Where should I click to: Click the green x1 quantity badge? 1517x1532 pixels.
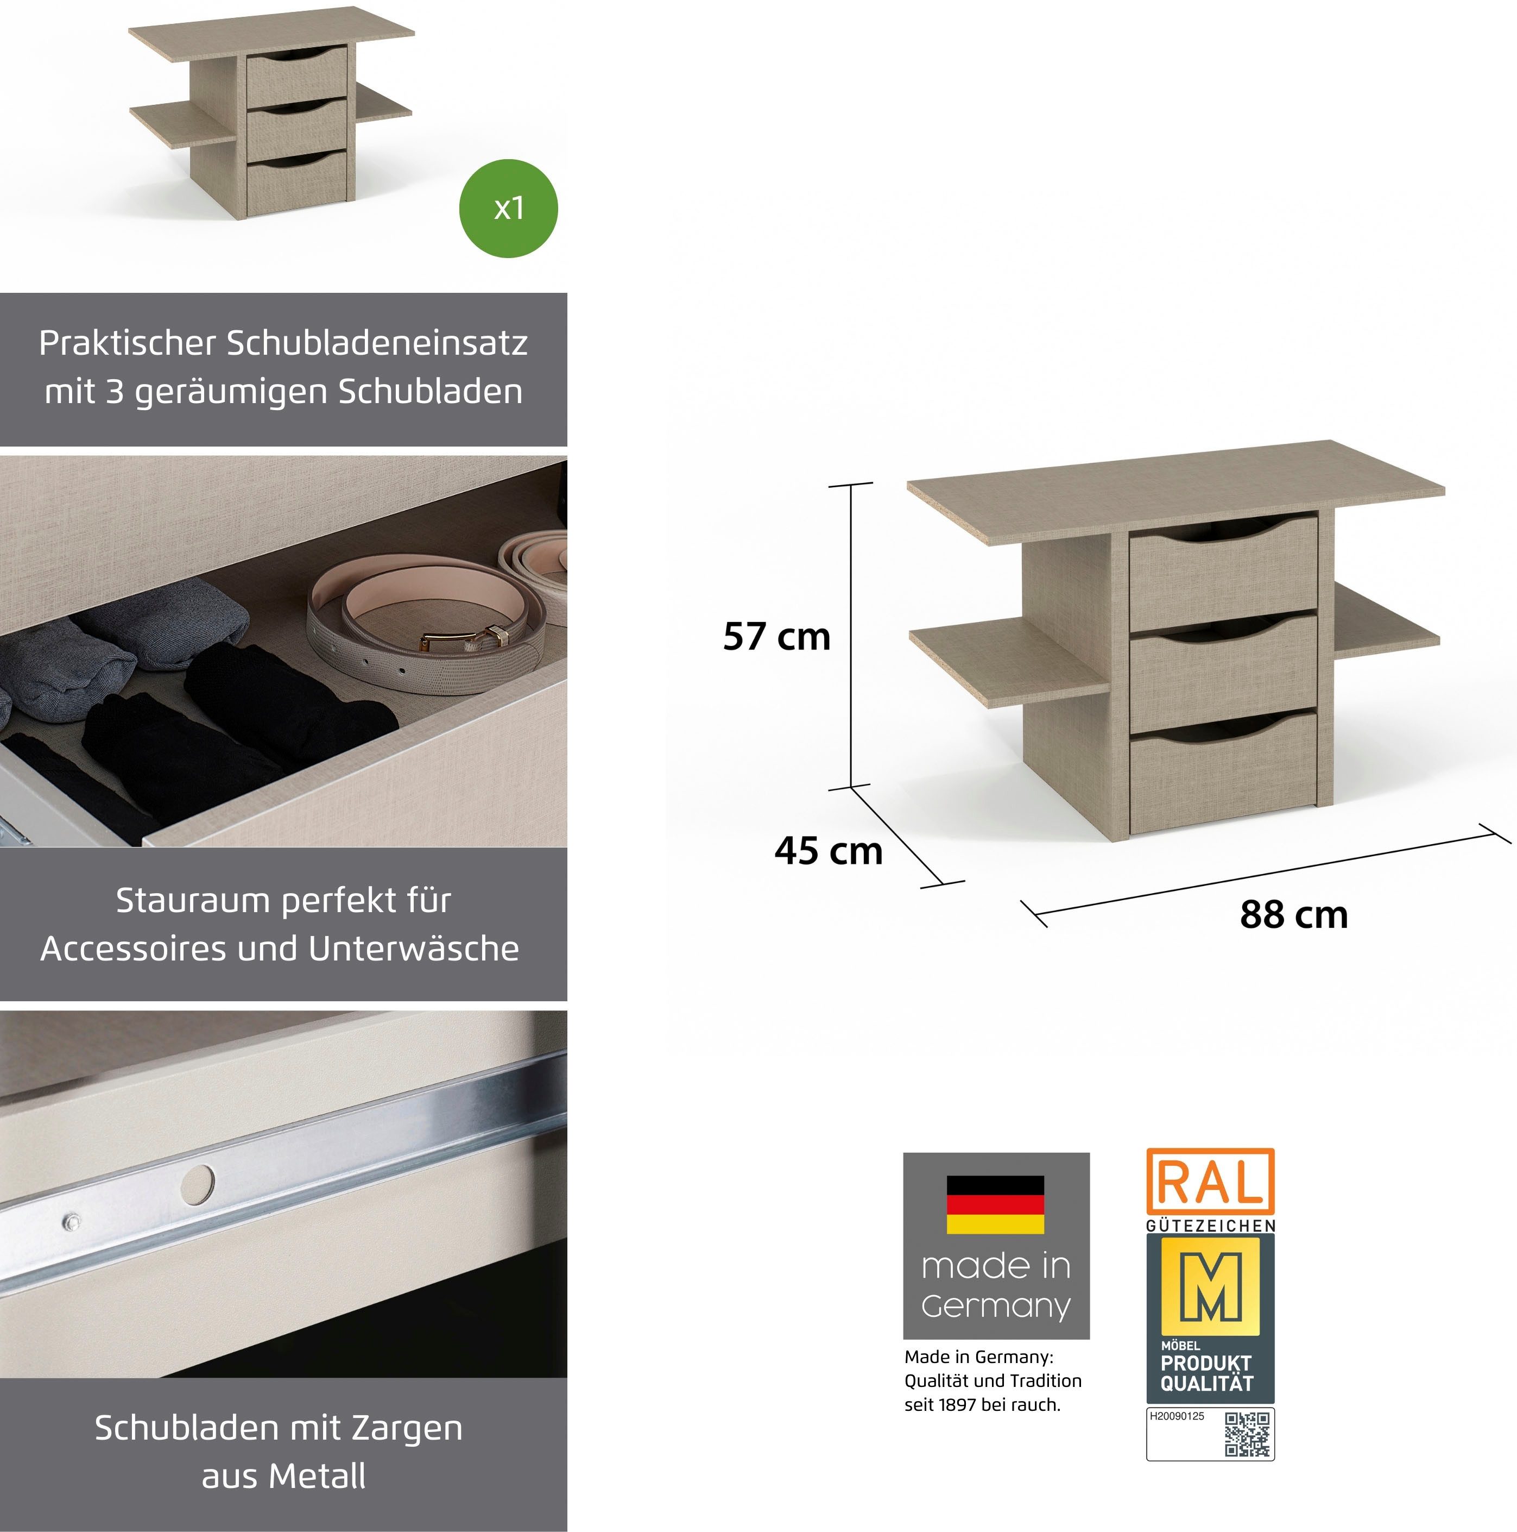(508, 209)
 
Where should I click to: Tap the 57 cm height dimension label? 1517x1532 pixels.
(777, 637)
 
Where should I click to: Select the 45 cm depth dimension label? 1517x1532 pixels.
(828, 851)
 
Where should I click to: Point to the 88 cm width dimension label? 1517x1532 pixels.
(1293, 914)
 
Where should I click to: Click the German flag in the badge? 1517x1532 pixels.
(995, 1204)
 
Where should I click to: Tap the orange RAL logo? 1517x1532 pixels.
(1210, 1182)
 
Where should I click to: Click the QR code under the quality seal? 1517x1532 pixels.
(1248, 1434)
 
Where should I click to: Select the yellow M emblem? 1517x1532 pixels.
(1210, 1285)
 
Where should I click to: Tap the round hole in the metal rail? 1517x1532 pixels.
(197, 1183)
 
